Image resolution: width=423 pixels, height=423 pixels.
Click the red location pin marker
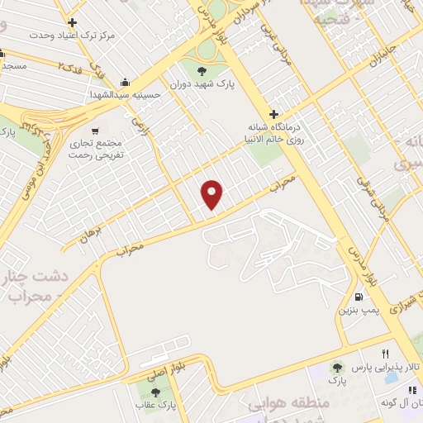[213, 194]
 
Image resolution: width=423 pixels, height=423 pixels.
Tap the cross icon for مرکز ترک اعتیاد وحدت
[73, 22]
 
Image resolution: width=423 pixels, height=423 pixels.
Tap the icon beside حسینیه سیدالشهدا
[125, 81]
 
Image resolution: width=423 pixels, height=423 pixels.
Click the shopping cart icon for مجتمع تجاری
[96, 131]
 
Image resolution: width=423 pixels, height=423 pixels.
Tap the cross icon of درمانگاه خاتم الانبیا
[274, 114]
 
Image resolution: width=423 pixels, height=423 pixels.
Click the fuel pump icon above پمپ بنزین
[358, 297]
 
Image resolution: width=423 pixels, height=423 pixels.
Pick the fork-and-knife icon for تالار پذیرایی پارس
[385, 354]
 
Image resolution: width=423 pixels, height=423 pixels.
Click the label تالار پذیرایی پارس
[388, 366]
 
